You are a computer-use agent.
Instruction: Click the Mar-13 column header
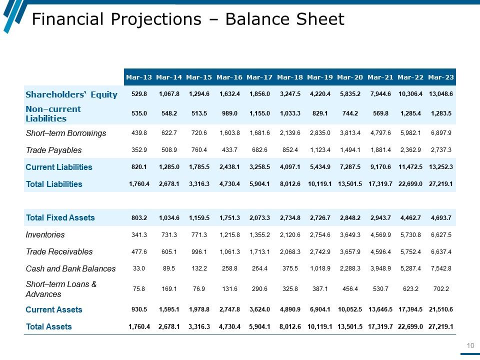click(139, 77)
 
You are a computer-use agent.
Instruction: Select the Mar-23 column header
click(441, 77)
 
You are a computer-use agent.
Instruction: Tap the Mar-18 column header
click(290, 77)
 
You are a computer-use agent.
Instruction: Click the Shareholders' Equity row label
click(71, 94)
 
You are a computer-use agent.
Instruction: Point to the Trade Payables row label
click(53, 150)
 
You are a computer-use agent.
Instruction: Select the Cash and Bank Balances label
click(70, 268)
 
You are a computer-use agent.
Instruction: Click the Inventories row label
click(45, 234)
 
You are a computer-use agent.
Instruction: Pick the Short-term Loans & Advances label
click(61, 289)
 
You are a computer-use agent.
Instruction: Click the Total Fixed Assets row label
click(60, 217)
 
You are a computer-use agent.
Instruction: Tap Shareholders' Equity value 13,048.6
click(441, 94)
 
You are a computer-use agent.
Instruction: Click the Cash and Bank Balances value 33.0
click(139, 268)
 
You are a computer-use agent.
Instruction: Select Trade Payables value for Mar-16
click(230, 150)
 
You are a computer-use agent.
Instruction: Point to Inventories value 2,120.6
click(290, 234)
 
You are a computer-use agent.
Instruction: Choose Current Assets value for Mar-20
click(350, 309)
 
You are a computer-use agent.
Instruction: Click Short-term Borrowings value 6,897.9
click(441, 133)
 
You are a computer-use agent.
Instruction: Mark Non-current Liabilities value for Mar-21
click(380, 113)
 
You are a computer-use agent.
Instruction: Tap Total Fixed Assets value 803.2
click(139, 217)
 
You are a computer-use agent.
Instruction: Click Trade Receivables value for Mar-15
click(199, 251)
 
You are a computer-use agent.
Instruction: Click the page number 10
click(469, 345)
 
